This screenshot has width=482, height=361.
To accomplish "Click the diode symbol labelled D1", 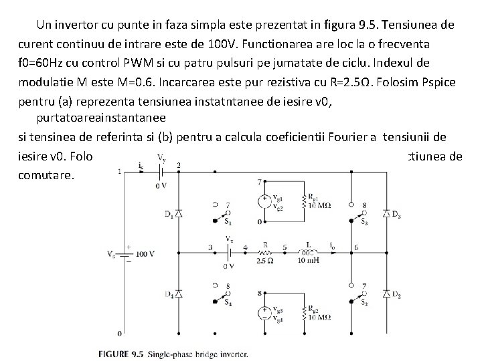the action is click(x=178, y=213).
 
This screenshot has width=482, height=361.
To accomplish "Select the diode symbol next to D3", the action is click(x=386, y=213).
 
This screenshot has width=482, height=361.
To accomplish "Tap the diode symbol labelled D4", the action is click(x=178, y=295).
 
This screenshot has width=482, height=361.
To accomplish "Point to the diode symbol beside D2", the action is click(x=386, y=295).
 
